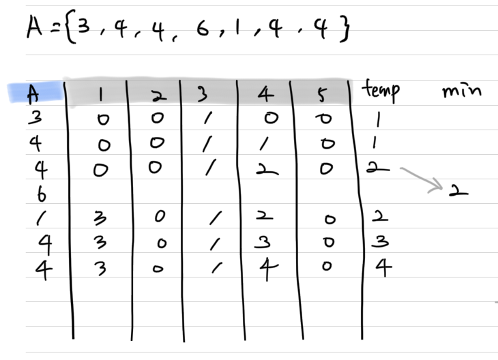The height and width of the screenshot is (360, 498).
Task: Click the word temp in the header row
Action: click(x=381, y=90)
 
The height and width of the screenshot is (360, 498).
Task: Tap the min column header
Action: click(x=462, y=90)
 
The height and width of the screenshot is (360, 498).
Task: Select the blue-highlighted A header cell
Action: click(x=34, y=93)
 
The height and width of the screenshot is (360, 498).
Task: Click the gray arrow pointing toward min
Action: click(x=422, y=179)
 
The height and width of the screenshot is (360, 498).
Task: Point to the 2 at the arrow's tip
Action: click(x=458, y=190)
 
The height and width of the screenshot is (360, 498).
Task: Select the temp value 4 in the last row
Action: click(x=383, y=268)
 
